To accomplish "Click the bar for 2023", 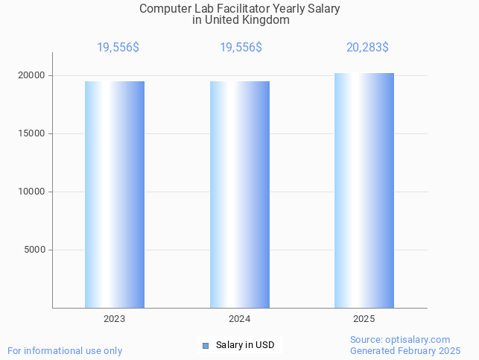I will coord(115,195).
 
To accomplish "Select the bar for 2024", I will coord(240,195).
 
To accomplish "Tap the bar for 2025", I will coord(364,191).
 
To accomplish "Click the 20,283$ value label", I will coord(367,48).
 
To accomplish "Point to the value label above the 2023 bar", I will coord(118,48).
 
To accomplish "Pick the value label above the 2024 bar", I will coord(241,48).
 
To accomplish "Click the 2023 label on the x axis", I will coord(115,318).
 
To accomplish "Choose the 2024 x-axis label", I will coord(240,318).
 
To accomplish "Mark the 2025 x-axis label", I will coord(364,318).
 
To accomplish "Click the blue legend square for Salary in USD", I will coord(206,345).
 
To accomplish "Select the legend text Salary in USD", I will coord(245,345).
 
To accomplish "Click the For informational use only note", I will coord(65,350).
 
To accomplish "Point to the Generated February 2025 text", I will coord(405,350).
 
